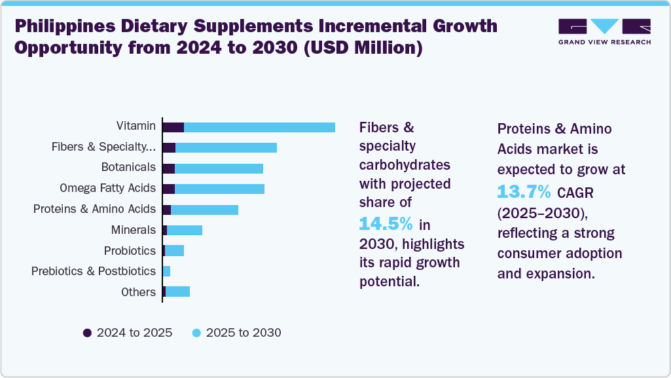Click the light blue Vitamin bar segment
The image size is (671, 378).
click(x=259, y=127)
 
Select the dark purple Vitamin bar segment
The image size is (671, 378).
click(x=173, y=127)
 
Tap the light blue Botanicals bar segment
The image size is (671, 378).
click(x=219, y=168)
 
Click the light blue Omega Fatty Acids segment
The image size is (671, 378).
click(x=219, y=189)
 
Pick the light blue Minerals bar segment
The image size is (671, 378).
click(x=185, y=230)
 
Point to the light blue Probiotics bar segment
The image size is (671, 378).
click(x=174, y=251)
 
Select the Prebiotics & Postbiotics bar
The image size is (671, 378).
click(x=166, y=271)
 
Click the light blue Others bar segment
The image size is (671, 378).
click(x=177, y=292)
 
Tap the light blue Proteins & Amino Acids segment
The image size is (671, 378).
click(x=204, y=210)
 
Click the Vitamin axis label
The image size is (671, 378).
click(x=136, y=126)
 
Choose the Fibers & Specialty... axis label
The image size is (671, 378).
click(x=103, y=147)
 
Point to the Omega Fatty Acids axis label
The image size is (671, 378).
click(x=107, y=188)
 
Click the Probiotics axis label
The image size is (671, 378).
click(x=130, y=251)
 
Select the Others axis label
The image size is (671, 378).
click(x=138, y=292)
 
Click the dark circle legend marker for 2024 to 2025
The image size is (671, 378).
click(x=87, y=333)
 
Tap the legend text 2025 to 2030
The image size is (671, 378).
click(x=244, y=333)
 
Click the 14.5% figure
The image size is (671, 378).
click(x=386, y=224)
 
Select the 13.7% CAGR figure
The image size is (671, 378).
click(x=524, y=193)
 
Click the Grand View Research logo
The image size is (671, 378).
click(x=604, y=31)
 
